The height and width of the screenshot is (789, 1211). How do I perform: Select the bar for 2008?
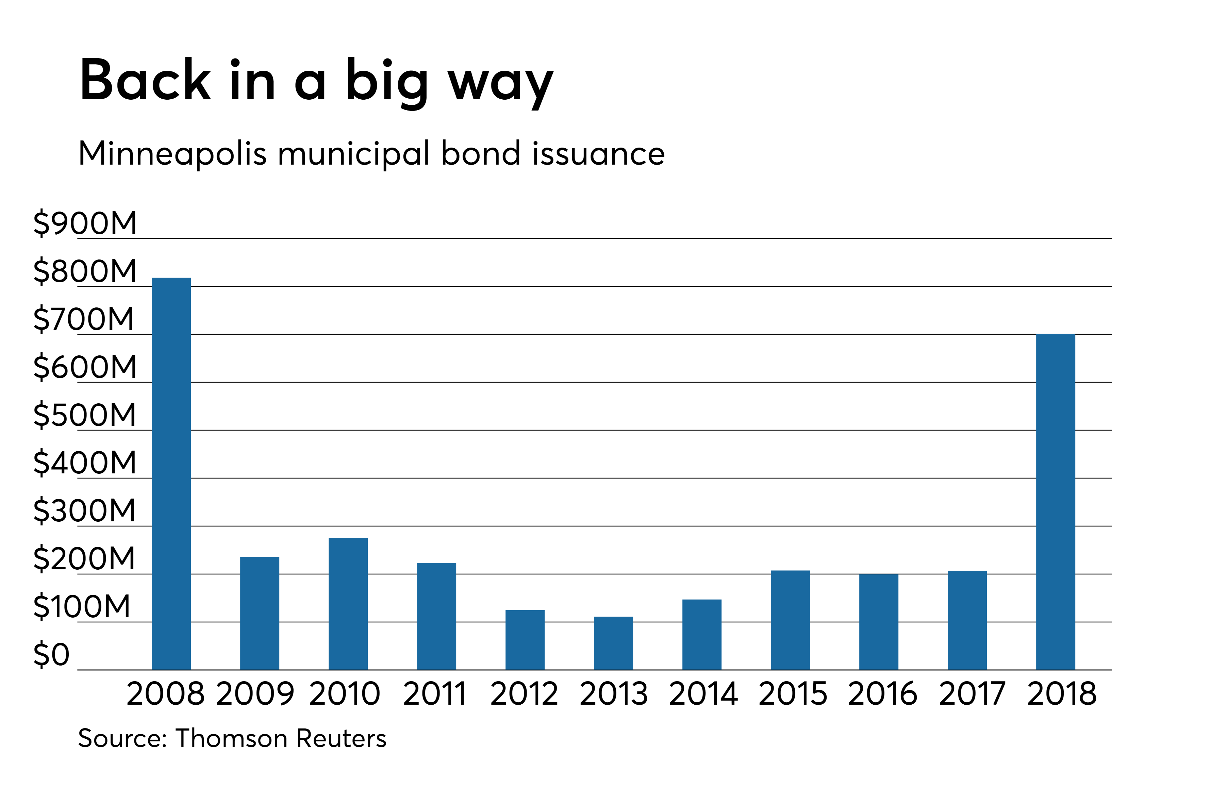(171, 473)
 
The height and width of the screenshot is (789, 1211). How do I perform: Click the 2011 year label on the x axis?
(435, 693)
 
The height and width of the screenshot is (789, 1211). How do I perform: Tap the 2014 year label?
(703, 693)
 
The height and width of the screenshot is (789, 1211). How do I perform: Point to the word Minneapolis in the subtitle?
(172, 154)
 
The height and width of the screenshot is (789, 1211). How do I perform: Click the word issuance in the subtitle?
(598, 154)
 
